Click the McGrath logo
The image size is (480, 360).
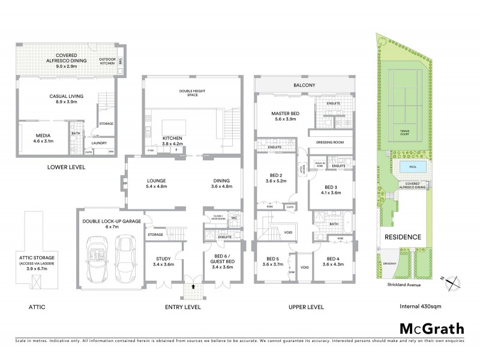[431, 328]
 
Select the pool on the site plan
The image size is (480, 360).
[411, 166]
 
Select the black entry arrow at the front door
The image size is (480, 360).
[193, 287]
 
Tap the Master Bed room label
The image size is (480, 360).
[286, 116]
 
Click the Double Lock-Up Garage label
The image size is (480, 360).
[112, 224]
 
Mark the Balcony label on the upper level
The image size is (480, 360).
[304, 85]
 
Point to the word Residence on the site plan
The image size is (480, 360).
[403, 237]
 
